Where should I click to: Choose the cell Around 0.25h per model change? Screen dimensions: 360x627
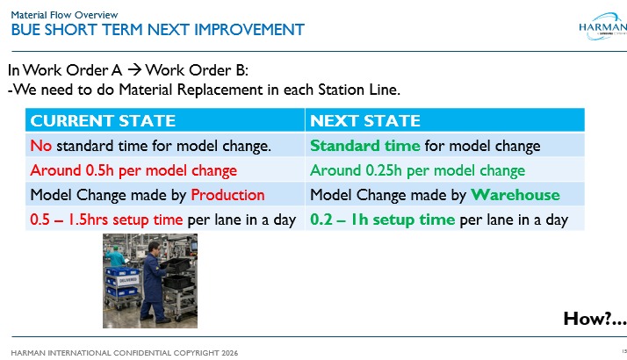(x=418, y=169)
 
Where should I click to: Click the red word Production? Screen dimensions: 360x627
(x=227, y=194)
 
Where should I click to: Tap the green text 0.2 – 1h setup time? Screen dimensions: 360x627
(x=382, y=219)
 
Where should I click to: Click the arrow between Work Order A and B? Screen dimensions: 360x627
(x=134, y=70)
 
